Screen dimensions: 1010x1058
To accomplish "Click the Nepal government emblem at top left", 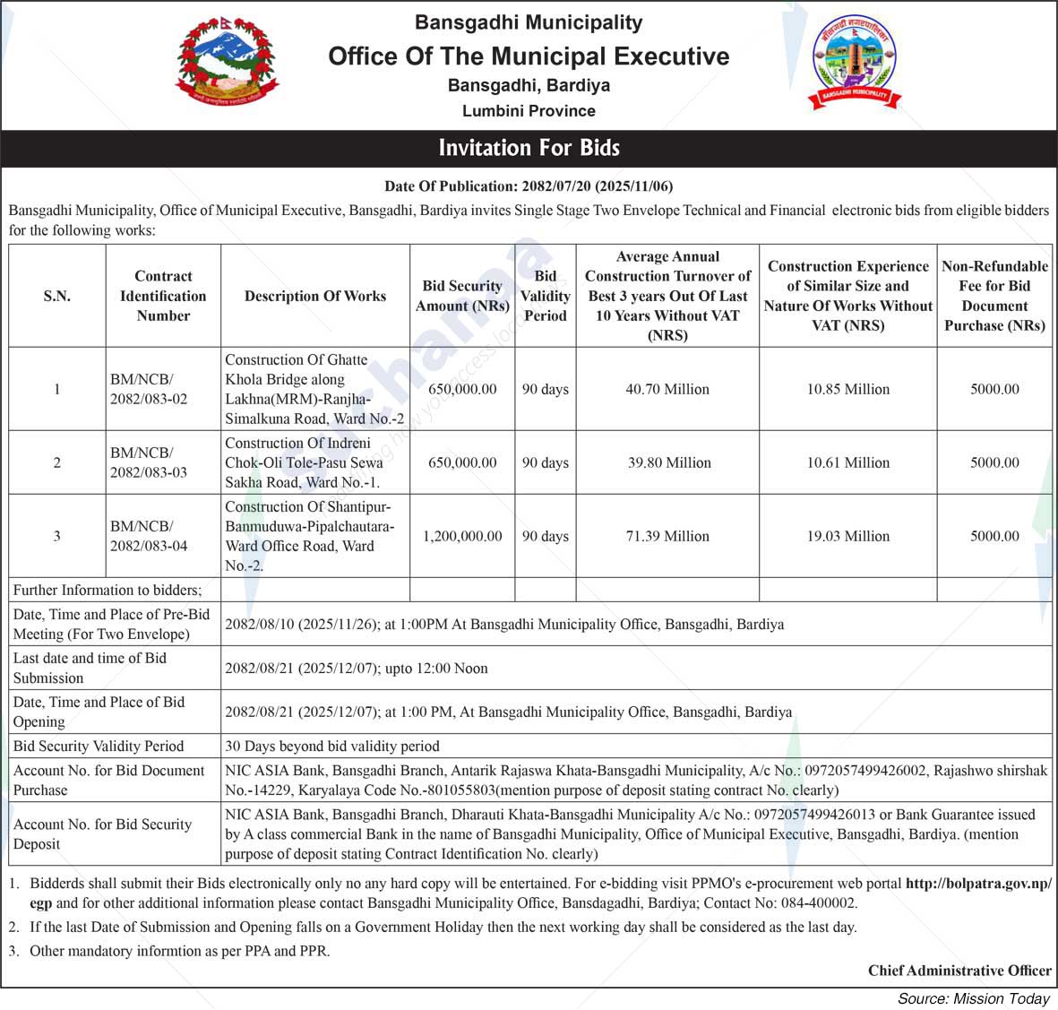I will [227, 64].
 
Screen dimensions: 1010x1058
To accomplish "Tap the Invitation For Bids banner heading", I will [529, 148].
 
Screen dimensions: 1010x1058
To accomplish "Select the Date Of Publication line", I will [529, 186].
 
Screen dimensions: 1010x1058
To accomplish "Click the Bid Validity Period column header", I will [545, 296].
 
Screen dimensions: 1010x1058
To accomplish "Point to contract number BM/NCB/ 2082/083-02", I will [149, 389].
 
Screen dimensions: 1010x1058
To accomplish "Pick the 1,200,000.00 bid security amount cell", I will [462, 536].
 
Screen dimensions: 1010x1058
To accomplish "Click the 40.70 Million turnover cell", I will [667, 389].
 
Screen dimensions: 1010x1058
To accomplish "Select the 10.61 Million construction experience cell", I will [847, 462].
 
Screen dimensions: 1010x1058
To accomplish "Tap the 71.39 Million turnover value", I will [667, 536].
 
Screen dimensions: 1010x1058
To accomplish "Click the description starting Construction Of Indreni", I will [305, 462].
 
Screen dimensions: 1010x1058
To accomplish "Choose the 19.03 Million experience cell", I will [847, 536].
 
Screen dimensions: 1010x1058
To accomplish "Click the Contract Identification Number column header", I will [163, 296].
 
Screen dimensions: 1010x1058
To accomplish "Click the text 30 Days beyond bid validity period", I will [332, 746].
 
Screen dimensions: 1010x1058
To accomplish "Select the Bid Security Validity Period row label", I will [99, 746].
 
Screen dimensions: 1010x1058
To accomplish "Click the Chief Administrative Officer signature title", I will [959, 971].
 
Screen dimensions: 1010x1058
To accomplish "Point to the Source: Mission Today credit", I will [974, 998].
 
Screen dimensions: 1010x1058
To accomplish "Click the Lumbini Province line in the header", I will [529, 111].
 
